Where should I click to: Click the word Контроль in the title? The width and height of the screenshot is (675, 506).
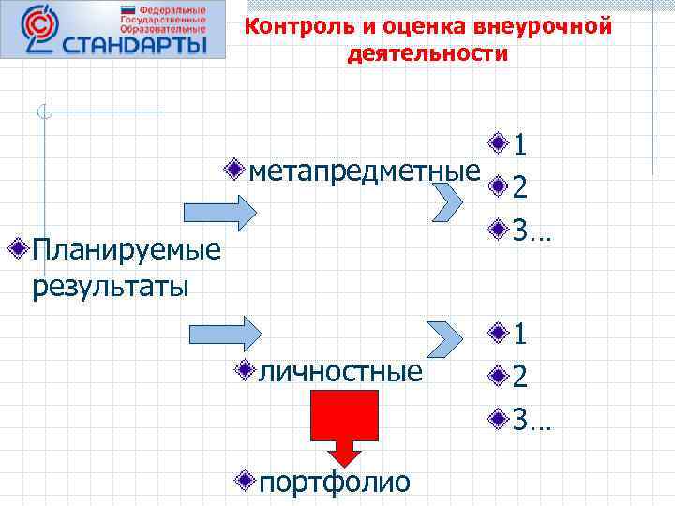297,27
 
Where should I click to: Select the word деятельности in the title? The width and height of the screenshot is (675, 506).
427,54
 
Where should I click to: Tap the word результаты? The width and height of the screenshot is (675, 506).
110,284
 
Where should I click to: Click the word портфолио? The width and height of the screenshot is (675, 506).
334,482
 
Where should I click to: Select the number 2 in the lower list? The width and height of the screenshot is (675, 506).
520,376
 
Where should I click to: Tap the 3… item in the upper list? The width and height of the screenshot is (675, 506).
532,230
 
